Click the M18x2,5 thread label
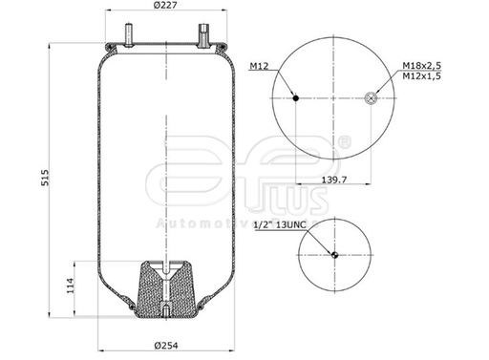[x=420, y=64]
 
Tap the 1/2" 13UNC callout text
[x=280, y=225]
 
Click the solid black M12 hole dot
[x=296, y=97]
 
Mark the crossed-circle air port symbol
[x=372, y=97]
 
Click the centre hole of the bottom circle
[x=334, y=254]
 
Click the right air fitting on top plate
[x=202, y=36]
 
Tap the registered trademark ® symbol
[x=344, y=142]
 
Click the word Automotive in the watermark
[x=191, y=223]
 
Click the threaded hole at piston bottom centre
[x=166, y=314]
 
